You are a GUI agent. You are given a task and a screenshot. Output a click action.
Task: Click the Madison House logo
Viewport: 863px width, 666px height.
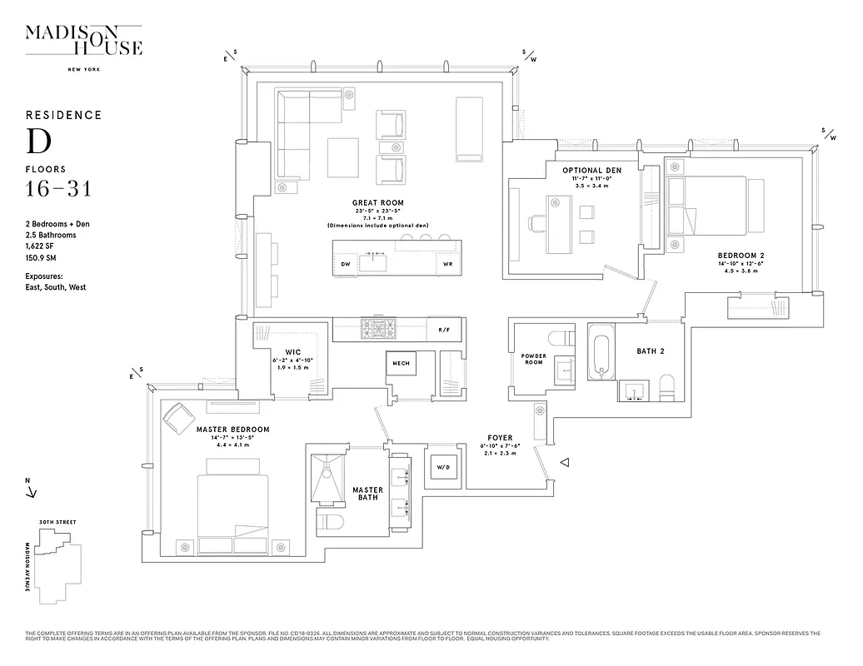(x=83, y=42)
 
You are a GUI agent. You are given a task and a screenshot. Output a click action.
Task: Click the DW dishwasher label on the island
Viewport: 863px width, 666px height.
(x=346, y=264)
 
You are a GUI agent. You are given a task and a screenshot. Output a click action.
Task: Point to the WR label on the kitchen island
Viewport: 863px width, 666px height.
(x=447, y=264)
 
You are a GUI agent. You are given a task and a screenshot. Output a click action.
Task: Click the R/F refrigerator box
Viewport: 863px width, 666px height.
(x=443, y=330)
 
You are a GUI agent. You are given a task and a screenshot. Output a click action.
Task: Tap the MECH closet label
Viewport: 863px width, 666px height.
(x=401, y=363)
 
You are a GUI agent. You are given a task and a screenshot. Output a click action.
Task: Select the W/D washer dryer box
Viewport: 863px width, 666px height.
(x=441, y=467)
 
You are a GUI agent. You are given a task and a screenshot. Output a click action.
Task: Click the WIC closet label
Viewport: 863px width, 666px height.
(x=292, y=351)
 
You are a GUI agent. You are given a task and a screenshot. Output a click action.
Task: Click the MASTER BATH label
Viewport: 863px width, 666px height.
(x=367, y=494)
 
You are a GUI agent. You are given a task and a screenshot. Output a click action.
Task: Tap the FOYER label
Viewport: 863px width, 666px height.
(x=500, y=438)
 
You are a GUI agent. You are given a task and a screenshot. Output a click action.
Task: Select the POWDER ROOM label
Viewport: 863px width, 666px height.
(x=533, y=359)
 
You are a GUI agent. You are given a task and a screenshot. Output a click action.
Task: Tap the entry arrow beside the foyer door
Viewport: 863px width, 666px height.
(x=565, y=462)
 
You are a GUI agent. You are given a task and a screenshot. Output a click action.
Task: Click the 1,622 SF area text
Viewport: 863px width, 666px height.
(x=42, y=247)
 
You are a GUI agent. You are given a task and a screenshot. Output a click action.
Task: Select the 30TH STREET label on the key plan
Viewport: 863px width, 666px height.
(x=57, y=522)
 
